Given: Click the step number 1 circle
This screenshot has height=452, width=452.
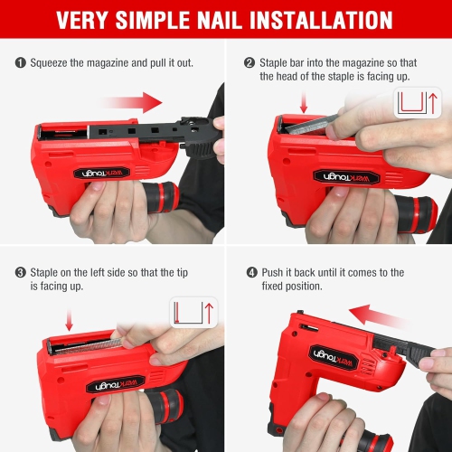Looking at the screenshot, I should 21,63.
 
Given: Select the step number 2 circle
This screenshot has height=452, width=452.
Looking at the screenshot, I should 249,63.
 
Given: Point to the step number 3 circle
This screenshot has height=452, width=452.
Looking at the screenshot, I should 21,272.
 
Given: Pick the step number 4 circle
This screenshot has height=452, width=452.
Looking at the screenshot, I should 249,272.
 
